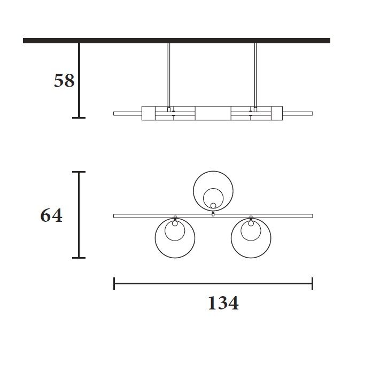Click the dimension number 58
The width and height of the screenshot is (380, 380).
pyautogui.click(x=64, y=81)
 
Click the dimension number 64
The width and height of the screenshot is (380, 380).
pyautogui.click(x=51, y=215)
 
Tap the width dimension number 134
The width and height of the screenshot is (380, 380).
pyautogui.click(x=223, y=303)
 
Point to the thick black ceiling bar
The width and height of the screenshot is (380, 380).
pyautogui.click(x=177, y=41)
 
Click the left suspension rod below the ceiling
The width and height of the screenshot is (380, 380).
pyautogui.click(x=169, y=75)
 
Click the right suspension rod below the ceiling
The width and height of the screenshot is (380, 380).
pyautogui.click(x=255, y=75)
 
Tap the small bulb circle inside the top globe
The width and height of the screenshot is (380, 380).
pyautogui.click(x=213, y=206)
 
